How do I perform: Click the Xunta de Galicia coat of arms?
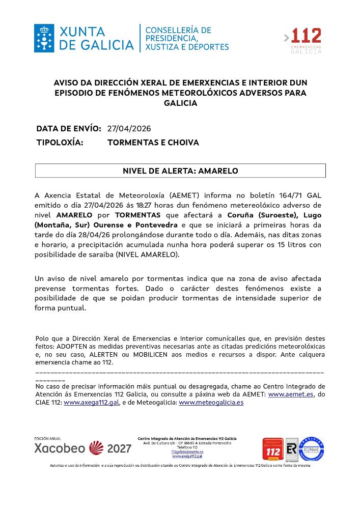coord(44,38)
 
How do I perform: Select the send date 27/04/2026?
coord(129,128)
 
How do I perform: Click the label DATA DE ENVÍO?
coord(69,128)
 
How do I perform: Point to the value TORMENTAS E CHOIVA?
coord(153,143)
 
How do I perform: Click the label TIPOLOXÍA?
coord(60,143)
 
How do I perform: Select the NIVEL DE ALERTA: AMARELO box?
coord(180,171)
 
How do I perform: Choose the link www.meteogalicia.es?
coord(211,402)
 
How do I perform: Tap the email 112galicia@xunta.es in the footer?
coord(187,451)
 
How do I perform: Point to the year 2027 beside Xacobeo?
coord(119,448)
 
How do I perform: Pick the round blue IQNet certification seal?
coord(311,448)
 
